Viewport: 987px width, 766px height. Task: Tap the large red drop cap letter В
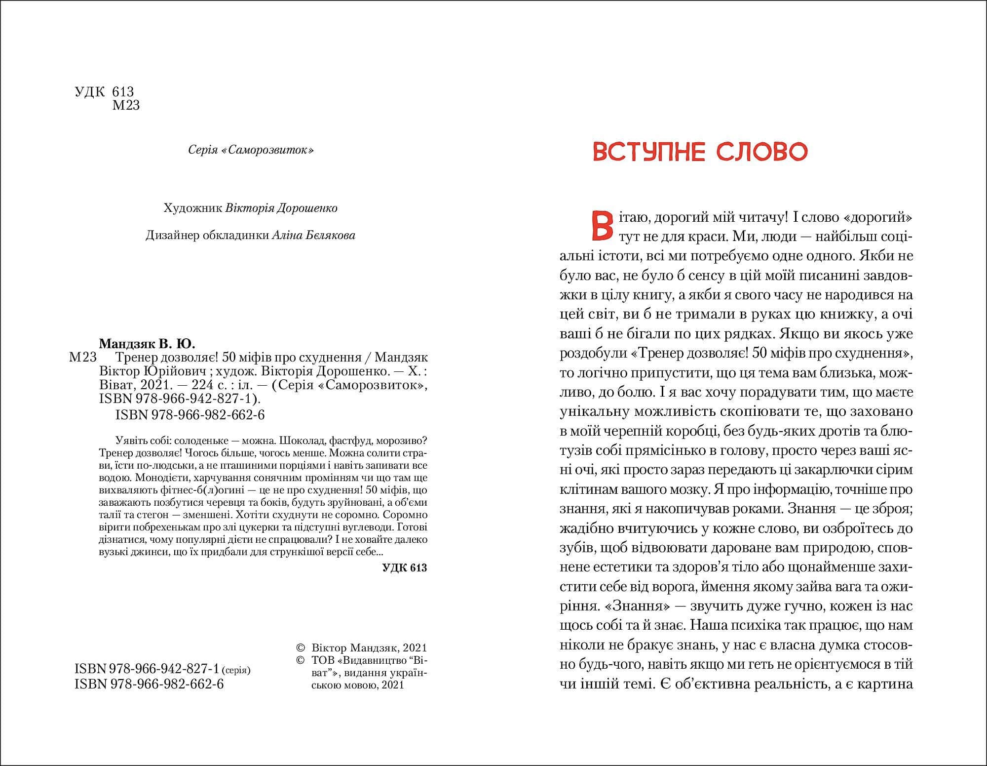[600, 225]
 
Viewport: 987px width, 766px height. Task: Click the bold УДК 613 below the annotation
[404, 568]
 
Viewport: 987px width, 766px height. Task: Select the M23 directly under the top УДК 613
[126, 105]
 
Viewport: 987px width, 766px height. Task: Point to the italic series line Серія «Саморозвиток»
[251, 150]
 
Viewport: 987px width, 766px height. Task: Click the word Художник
[192, 208]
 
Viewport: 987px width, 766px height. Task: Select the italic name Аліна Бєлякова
[313, 236]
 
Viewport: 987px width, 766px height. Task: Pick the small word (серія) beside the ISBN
[236, 671]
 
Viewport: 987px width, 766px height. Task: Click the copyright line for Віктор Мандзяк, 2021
[369, 648]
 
